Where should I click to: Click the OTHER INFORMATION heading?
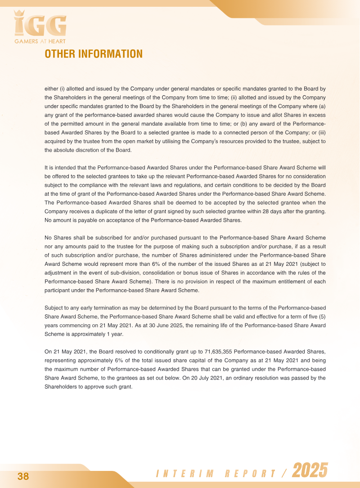[94, 54]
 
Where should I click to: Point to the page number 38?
[23, 477]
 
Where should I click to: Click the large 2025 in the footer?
[310, 471]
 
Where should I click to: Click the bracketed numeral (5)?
[320, 316]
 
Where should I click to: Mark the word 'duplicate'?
[106, 211]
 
